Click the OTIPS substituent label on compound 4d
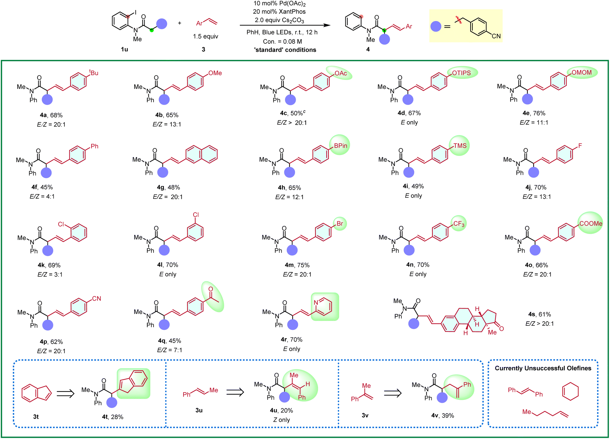point(461,73)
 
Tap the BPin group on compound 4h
point(340,146)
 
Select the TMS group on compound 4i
point(460,146)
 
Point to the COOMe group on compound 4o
point(591,223)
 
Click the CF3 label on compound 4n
point(459,224)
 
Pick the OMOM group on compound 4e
point(581,73)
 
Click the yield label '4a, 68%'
point(51,115)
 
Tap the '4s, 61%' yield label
point(539,314)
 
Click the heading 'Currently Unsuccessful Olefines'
point(543,368)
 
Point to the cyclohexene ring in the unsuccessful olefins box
point(570,391)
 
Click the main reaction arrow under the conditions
point(285,25)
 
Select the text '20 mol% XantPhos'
point(279,12)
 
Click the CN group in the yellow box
point(496,36)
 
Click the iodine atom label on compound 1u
point(136,12)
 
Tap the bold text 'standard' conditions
point(285,50)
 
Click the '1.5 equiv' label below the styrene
point(206,36)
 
